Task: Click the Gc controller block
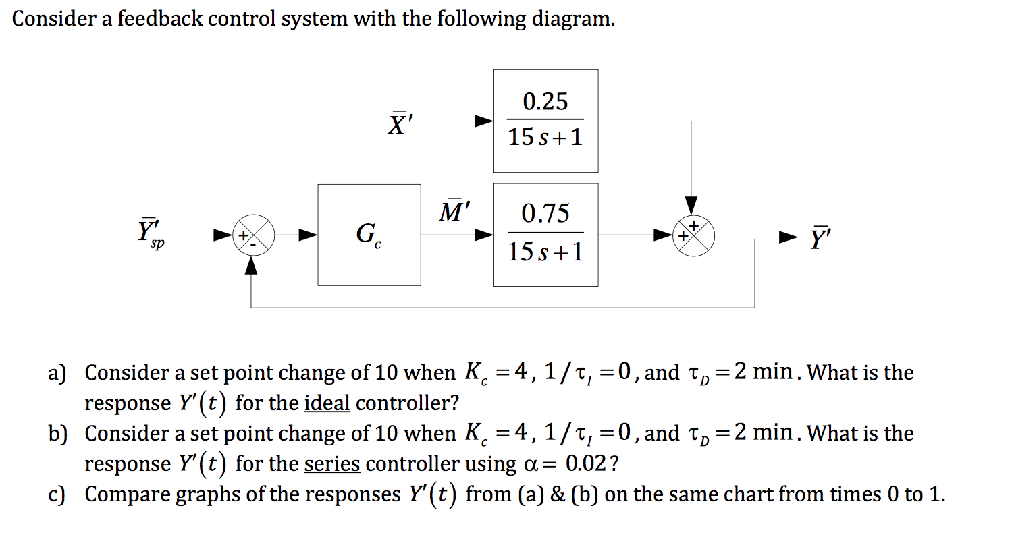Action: [369, 235]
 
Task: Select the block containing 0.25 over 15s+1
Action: [545, 121]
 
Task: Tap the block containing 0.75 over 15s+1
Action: [545, 235]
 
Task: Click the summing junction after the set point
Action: [252, 235]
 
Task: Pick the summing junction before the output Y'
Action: [691, 235]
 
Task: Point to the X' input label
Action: [403, 122]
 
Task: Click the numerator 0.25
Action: [545, 102]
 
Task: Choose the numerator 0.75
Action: [545, 214]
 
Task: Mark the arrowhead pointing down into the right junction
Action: [691, 204]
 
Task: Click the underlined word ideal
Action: [327, 403]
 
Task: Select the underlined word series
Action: [332, 464]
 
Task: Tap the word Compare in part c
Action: [128, 494]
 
